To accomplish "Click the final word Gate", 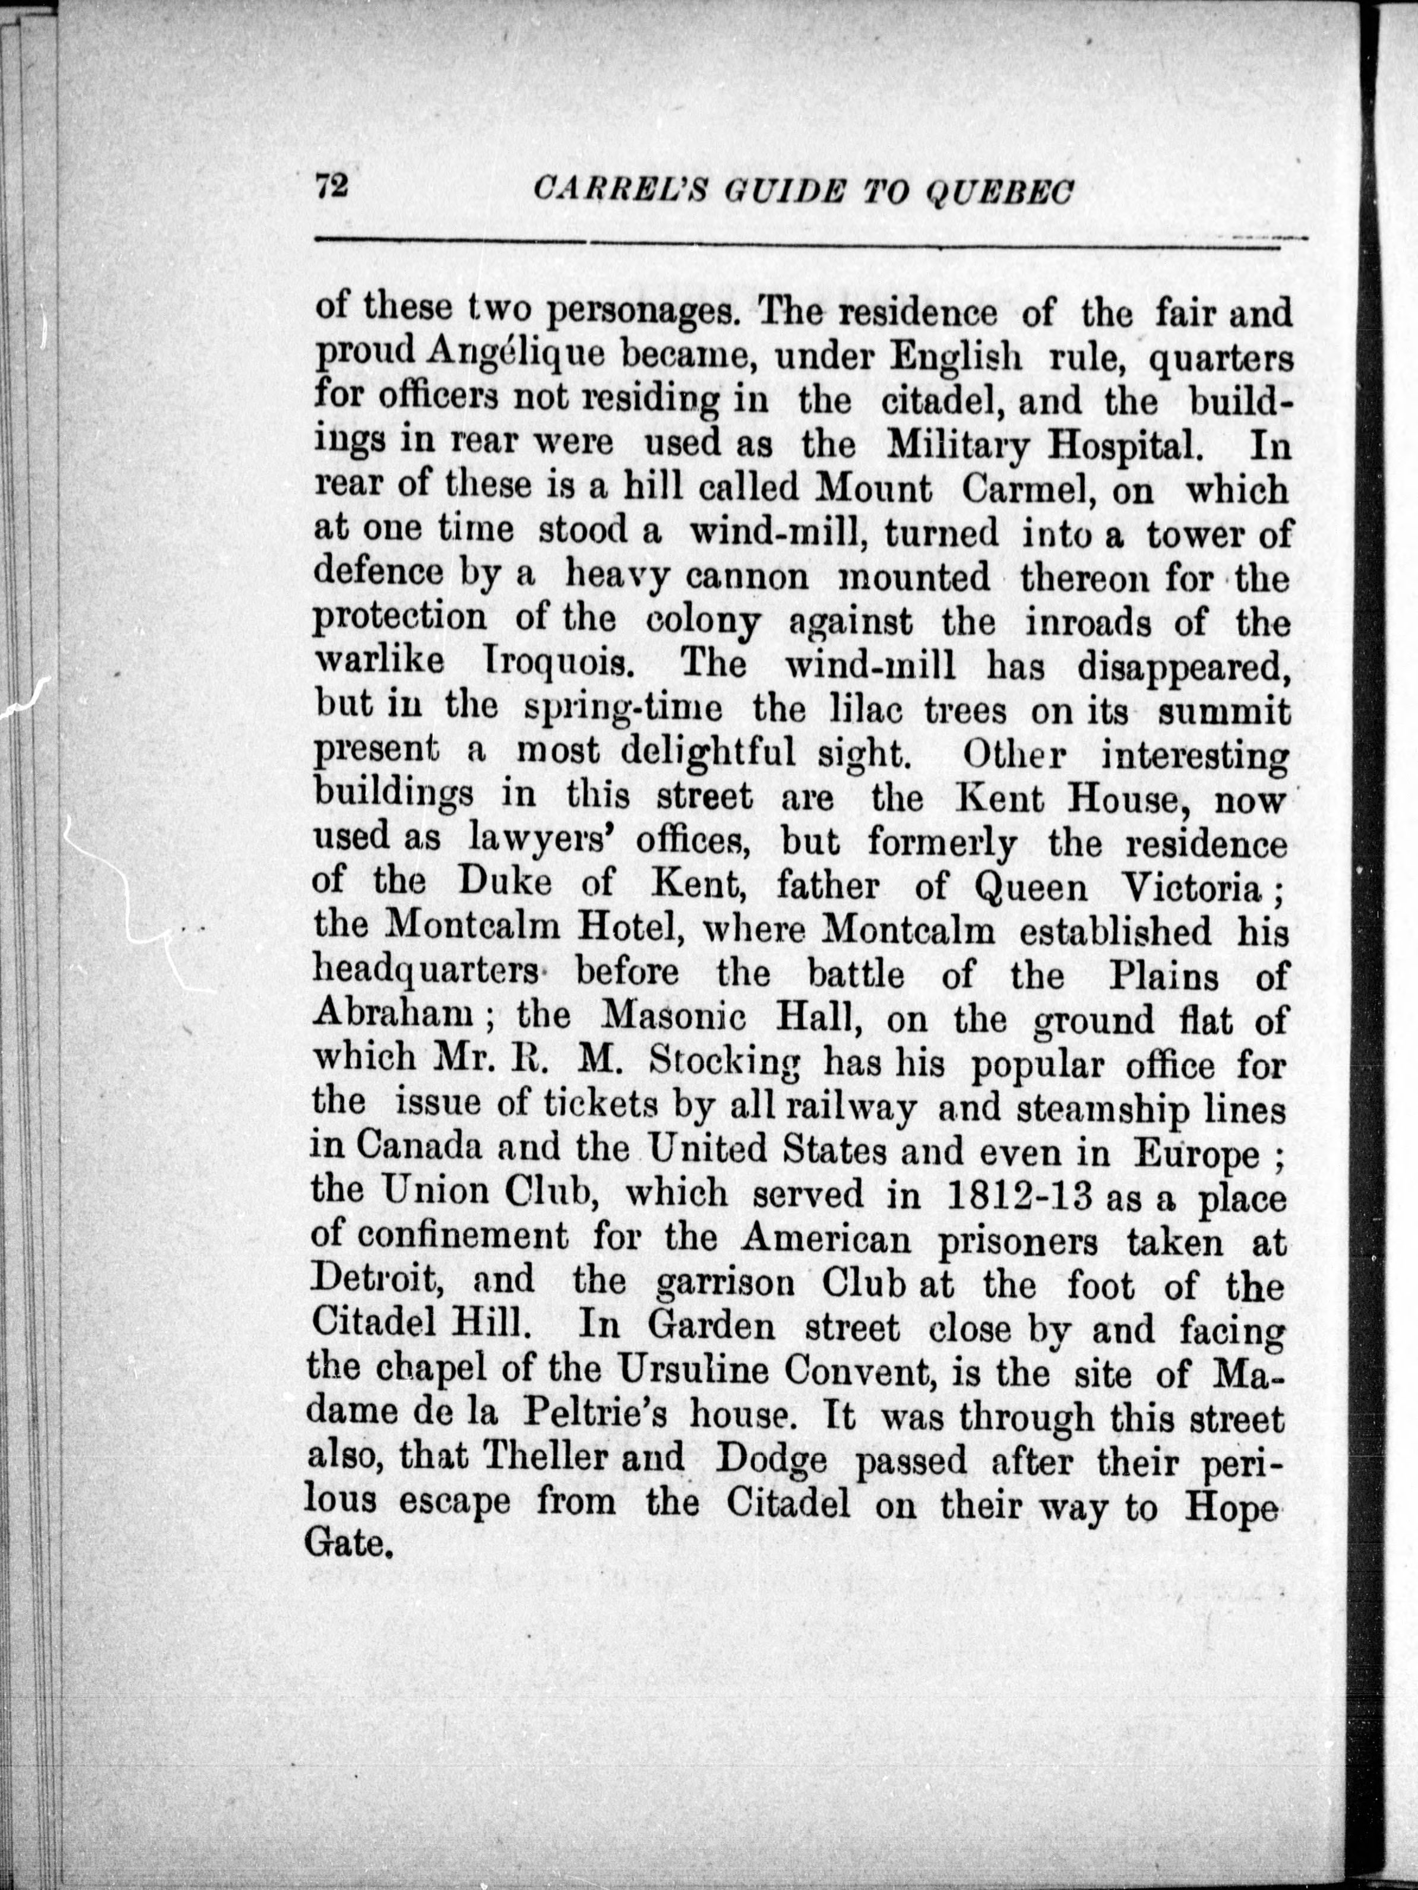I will click(349, 1545).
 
